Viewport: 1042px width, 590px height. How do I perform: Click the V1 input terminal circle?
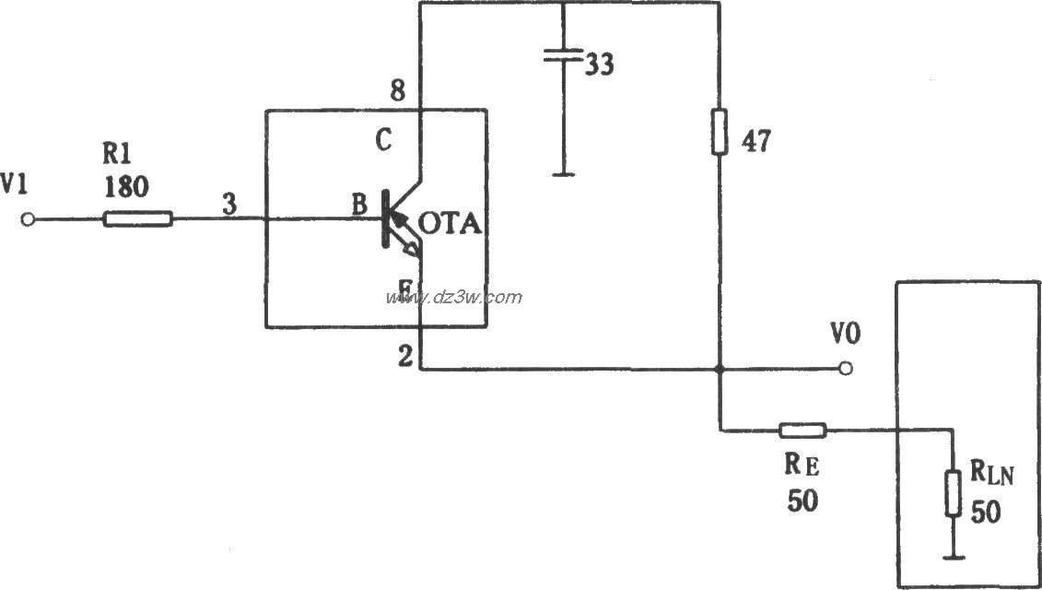pos(29,219)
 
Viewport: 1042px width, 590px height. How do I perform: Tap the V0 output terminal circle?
pos(846,369)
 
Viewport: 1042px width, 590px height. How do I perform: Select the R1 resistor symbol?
pos(137,219)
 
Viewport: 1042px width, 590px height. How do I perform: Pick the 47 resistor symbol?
pos(719,132)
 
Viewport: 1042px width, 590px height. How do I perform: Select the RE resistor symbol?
pos(802,430)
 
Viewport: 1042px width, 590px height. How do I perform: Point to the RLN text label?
pos(989,477)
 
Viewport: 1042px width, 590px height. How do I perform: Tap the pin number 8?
pos(397,91)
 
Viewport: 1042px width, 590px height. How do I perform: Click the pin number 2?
pos(404,357)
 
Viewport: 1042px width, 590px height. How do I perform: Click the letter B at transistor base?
pos(357,206)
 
